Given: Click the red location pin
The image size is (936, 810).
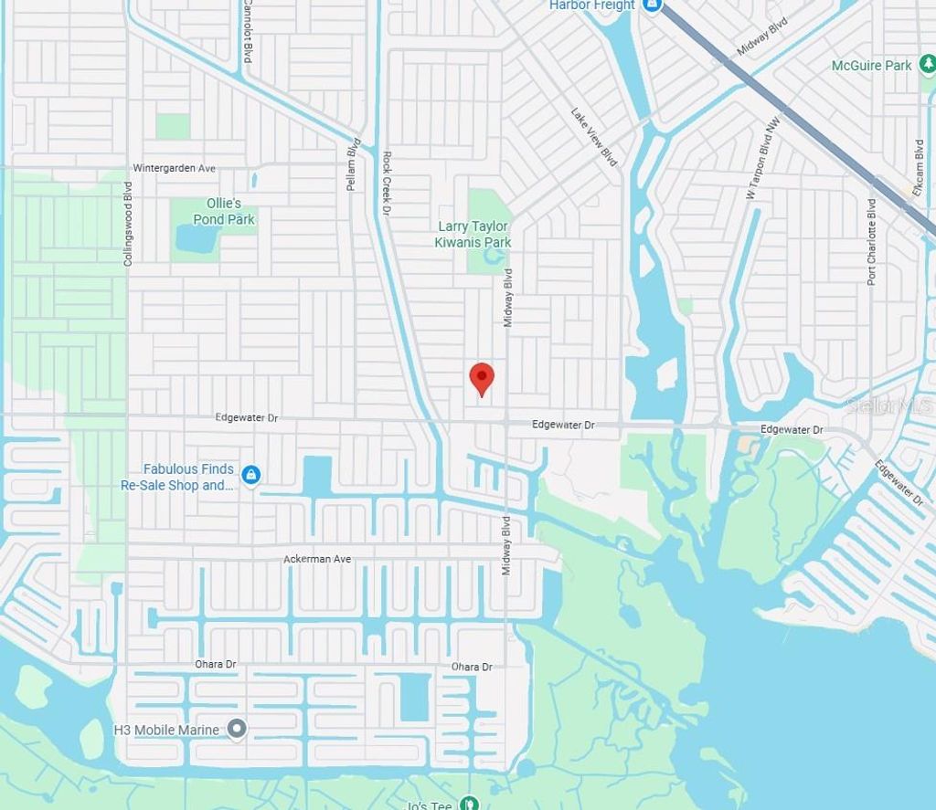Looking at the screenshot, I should (482, 377).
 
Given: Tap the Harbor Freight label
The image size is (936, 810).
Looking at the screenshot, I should (591, 5).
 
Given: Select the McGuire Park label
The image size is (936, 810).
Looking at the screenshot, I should (871, 66).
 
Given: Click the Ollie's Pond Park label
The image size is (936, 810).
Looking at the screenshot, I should (224, 211).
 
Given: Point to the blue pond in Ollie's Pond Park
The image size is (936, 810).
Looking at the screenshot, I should (197, 238).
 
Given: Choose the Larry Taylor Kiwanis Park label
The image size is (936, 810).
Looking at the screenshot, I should (473, 234).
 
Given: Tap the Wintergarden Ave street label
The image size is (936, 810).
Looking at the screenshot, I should (174, 168).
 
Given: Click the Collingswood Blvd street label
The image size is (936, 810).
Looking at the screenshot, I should (128, 224).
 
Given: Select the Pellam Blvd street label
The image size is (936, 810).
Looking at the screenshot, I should (352, 164).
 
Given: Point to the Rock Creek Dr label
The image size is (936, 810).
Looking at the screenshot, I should (387, 183).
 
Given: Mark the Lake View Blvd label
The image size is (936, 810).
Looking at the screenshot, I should (594, 137).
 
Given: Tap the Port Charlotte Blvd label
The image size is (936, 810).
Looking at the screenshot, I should (872, 242).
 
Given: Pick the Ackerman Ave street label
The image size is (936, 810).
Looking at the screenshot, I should (317, 559).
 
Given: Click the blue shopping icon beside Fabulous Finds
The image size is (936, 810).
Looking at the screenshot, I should (251, 475).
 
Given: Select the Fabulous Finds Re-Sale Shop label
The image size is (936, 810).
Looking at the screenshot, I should (177, 478).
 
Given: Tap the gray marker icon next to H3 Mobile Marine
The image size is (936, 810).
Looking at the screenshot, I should (237, 729).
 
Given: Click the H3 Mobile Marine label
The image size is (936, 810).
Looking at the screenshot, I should (166, 730).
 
